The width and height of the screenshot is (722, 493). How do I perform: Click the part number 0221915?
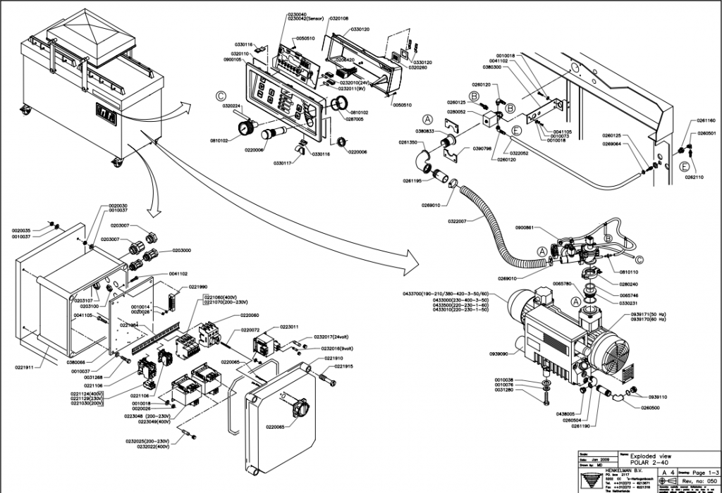pyautogui.click(x=344, y=367)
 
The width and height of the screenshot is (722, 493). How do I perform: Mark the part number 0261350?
pyautogui.click(x=409, y=142)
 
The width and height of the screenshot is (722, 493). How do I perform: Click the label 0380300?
pyautogui.click(x=492, y=68)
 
